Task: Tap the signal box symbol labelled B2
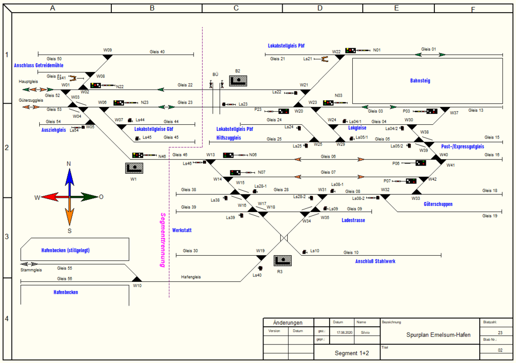point(238,81)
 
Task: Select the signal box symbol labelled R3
point(283,261)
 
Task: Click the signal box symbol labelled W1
point(134,168)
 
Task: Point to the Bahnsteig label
point(420,81)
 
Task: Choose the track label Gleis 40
point(157,51)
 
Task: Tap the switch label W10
point(137,285)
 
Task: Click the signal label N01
point(376,50)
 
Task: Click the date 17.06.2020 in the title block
point(345,333)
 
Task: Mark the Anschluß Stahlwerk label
point(375,261)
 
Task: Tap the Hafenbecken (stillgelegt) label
point(66,250)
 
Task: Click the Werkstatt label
point(182,230)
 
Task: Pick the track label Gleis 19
point(489,215)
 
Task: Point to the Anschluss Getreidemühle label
point(39,65)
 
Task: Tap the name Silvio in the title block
point(365,333)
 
